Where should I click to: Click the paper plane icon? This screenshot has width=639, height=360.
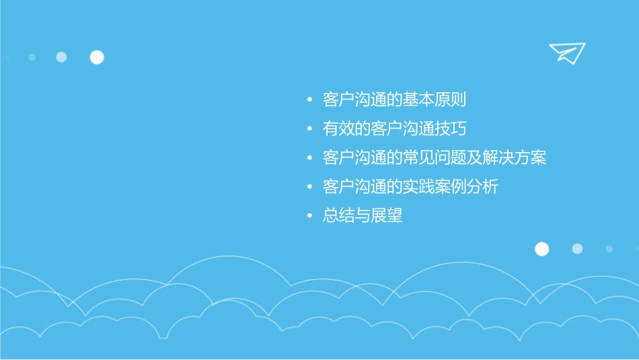pos(566,52)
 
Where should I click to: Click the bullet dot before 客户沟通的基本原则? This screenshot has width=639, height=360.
pos(309,101)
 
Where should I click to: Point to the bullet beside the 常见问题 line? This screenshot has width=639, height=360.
pos(309,159)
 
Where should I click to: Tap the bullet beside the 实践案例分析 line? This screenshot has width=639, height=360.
pos(309,187)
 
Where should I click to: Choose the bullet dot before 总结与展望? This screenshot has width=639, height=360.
pos(309,217)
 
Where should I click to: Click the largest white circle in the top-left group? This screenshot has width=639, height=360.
pos(97,57)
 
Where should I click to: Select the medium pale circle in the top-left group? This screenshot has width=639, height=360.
pos(61,57)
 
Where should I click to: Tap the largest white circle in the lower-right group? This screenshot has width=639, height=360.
pos(541,249)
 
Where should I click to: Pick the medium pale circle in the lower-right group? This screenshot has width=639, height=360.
pos(577,249)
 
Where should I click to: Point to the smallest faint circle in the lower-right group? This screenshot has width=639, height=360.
pos(609,249)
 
